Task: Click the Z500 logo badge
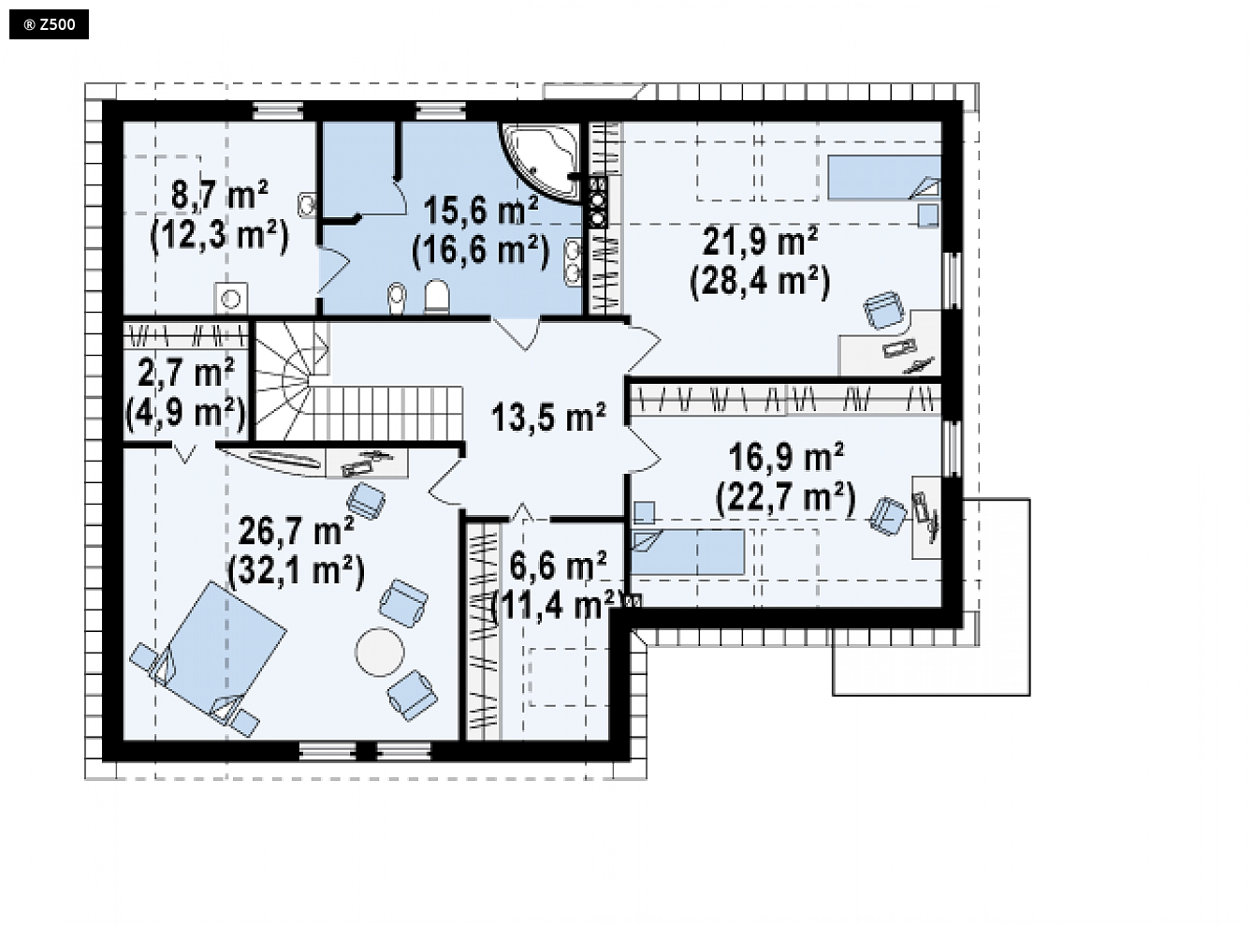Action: pyautogui.click(x=49, y=24)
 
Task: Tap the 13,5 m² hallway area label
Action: pyautogui.click(x=548, y=417)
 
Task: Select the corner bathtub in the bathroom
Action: pyautogui.click(x=542, y=162)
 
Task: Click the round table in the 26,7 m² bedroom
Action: pyautogui.click(x=380, y=652)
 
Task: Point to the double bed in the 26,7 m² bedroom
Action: pyautogui.click(x=209, y=652)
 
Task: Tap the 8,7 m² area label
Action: pyautogui.click(x=220, y=195)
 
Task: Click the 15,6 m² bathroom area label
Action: pyautogui.click(x=480, y=209)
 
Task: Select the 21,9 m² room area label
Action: pyautogui.click(x=761, y=242)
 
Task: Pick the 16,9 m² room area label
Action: pyautogui.click(x=786, y=458)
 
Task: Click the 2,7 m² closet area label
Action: pyautogui.click(x=185, y=373)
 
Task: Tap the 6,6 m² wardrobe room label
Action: pyautogui.click(x=558, y=566)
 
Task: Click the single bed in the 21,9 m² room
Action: pyautogui.click(x=884, y=177)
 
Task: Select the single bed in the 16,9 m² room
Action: pyautogui.click(x=687, y=552)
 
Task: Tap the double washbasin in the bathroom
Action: pyautogui.click(x=573, y=261)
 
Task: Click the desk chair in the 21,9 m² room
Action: pyautogui.click(x=883, y=310)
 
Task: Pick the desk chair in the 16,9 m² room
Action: pyautogui.click(x=888, y=515)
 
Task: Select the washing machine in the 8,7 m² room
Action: pyautogui.click(x=231, y=298)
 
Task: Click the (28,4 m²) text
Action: pyautogui.click(x=761, y=282)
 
